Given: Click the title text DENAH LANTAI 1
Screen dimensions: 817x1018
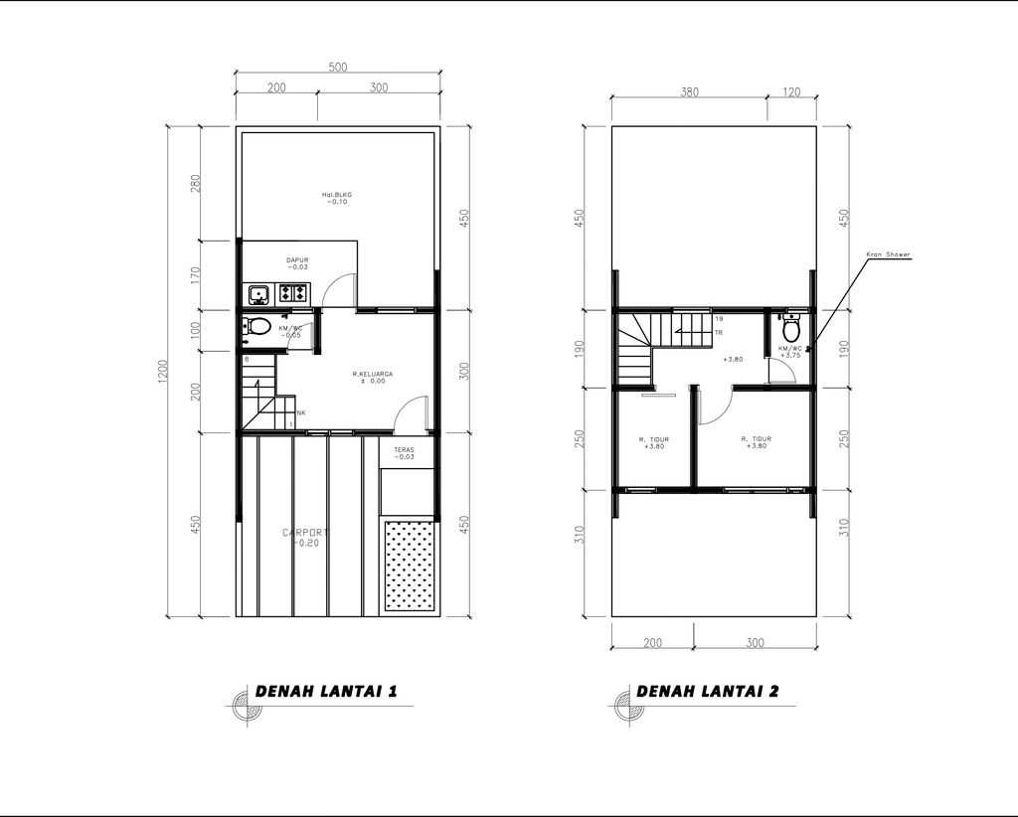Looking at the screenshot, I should [327, 691].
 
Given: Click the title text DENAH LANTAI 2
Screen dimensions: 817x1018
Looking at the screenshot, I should [707, 691].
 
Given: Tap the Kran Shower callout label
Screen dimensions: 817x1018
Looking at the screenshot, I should [889, 254].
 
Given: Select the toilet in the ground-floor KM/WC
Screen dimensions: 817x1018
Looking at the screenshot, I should [258, 327].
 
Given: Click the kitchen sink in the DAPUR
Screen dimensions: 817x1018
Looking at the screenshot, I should [258, 293].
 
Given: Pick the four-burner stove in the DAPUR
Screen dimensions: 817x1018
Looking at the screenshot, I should [293, 293].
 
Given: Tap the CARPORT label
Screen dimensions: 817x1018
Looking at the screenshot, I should [305, 534].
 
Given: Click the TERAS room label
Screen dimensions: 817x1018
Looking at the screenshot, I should [404, 449].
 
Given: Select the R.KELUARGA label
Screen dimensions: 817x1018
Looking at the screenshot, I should [373, 374].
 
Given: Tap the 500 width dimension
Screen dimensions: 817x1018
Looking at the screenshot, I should [338, 68].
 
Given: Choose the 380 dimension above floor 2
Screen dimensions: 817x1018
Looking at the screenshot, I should [689, 91].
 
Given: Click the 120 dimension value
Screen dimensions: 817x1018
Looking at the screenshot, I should [792, 91].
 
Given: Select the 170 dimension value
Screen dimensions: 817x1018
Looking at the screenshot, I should [196, 275].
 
